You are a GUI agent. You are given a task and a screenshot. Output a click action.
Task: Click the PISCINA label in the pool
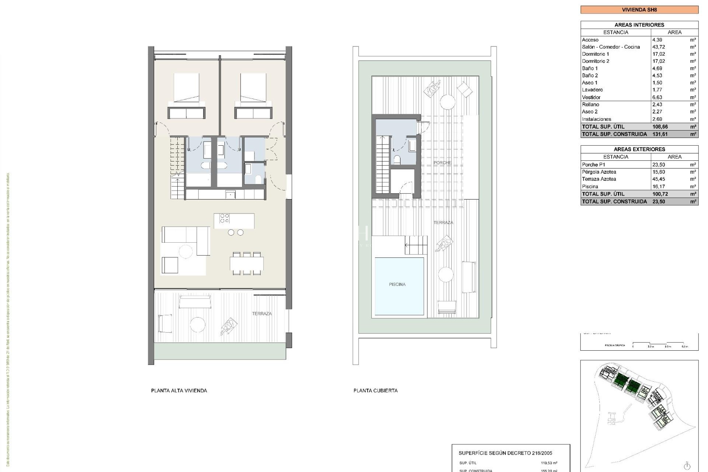click(397, 284)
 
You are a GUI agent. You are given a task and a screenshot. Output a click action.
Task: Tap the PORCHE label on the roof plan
click(442, 163)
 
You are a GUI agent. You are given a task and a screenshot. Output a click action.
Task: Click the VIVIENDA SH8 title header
click(639, 10)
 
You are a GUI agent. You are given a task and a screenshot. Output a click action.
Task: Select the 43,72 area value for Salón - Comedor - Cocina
click(659, 47)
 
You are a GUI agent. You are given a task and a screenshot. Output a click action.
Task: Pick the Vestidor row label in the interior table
click(591, 97)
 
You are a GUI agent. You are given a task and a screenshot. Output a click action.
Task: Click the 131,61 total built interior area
click(660, 134)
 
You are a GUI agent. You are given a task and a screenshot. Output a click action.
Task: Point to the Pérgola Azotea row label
click(598, 172)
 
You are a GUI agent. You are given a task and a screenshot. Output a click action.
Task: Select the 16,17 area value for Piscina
click(659, 187)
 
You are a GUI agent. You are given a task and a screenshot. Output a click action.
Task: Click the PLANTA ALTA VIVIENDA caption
click(179, 391)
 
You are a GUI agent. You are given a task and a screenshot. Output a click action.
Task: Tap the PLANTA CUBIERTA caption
click(375, 391)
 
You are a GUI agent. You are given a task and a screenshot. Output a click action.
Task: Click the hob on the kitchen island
click(224, 219)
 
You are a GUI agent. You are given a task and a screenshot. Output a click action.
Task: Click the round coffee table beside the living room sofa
click(185, 252)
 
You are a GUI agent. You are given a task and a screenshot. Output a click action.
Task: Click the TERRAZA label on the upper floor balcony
click(261, 314)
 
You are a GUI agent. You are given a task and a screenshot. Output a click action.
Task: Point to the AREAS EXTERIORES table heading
click(639, 149)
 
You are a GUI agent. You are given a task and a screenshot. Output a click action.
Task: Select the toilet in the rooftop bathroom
click(397, 160)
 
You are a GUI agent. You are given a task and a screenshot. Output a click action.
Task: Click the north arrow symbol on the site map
click(687, 465)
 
